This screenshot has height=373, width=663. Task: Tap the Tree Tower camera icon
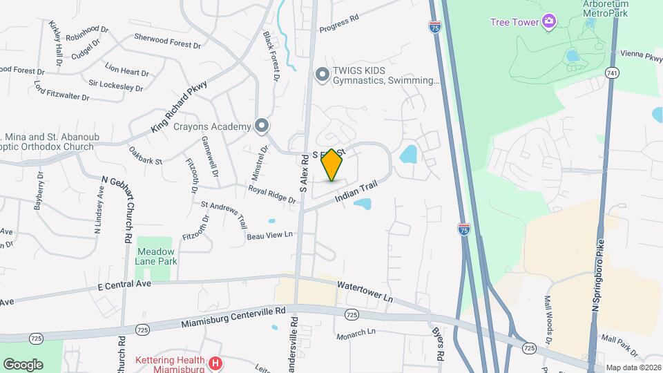point(549,22)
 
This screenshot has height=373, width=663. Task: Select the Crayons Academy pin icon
point(261,126)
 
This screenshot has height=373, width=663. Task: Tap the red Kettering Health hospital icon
point(215,362)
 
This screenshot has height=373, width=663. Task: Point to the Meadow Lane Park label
point(157,256)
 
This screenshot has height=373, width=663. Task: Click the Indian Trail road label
point(358,192)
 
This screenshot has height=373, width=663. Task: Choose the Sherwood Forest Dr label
point(167,41)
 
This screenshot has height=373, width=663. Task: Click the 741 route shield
point(611,73)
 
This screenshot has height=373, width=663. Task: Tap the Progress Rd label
point(339,23)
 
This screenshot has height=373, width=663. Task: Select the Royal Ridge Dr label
point(272,194)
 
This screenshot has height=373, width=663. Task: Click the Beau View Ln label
point(270,236)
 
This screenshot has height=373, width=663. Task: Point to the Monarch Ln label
point(356,334)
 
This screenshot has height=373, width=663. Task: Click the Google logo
point(23,364)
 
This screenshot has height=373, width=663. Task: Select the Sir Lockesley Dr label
point(115,85)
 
